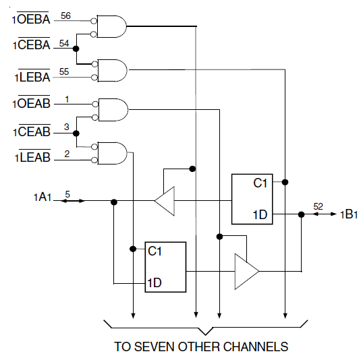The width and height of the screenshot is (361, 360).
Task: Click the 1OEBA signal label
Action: pyautogui.click(x=31, y=18)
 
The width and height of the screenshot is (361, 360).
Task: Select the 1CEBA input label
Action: pyautogui.click(x=31, y=44)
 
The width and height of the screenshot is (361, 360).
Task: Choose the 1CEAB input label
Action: pyautogui.click(x=32, y=131)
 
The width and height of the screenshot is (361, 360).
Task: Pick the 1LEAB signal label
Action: pyautogui.click(x=32, y=156)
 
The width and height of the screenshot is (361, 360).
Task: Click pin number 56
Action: pyautogui.click(x=65, y=16)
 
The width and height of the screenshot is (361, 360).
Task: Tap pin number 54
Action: pyautogui.click(x=64, y=43)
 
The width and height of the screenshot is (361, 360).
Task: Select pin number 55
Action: pyautogui.click(x=64, y=71)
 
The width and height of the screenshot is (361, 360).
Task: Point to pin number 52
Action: pyautogui.click(x=318, y=206)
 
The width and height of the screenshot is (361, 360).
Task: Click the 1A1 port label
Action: pyautogui.click(x=43, y=198)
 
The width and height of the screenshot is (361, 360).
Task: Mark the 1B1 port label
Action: pyautogui.click(x=349, y=214)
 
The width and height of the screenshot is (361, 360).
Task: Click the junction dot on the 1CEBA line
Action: pyautogui.click(x=76, y=49)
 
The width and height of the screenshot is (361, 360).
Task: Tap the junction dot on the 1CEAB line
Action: pyautogui.click(x=76, y=133)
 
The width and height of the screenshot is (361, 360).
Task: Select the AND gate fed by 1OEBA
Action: pyautogui.click(x=111, y=26)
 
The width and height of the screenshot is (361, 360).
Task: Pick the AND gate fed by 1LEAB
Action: pyautogui.click(x=112, y=153)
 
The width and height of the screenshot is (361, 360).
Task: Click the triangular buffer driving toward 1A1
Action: pyautogui.click(x=165, y=201)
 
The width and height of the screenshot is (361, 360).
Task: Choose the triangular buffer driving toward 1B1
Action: pyautogui.click(x=247, y=272)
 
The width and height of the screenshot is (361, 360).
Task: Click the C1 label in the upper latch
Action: pyautogui.click(x=260, y=183)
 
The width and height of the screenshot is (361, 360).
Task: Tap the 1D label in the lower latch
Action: pyautogui.click(x=155, y=282)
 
